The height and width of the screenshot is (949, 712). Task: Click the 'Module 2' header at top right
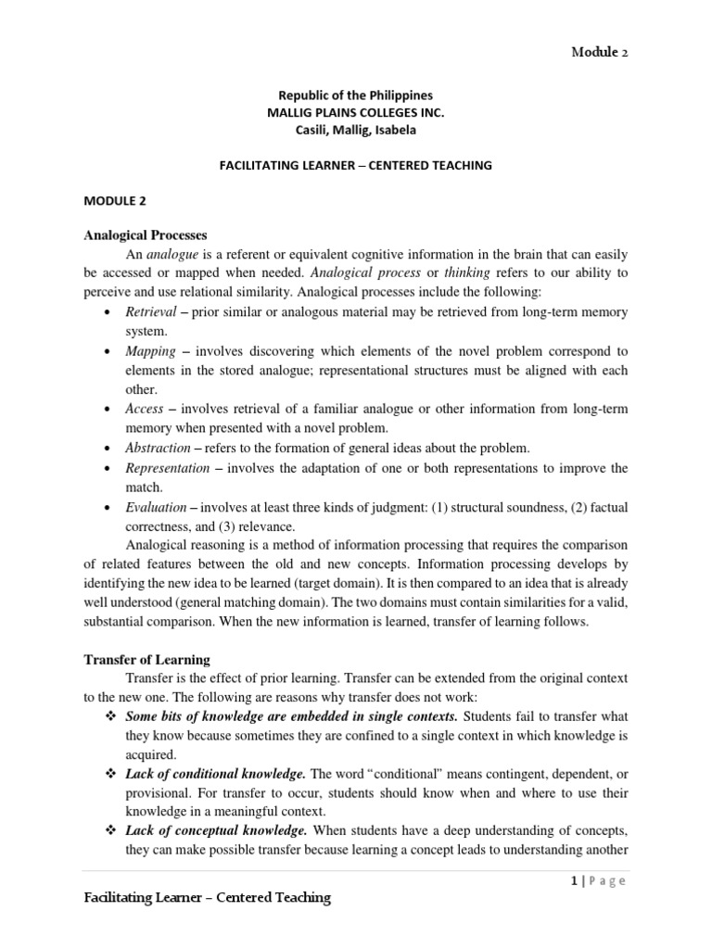(598, 53)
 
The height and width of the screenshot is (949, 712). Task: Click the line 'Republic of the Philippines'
(356, 95)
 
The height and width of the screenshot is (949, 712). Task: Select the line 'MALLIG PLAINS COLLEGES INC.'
(356, 112)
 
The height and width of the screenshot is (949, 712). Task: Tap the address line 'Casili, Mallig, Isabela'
(356, 130)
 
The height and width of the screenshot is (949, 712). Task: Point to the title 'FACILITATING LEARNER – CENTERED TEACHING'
(356, 165)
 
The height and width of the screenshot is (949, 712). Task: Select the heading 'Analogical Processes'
(146, 234)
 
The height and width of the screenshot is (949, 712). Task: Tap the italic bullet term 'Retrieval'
(149, 312)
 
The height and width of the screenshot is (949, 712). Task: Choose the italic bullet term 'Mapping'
(150, 351)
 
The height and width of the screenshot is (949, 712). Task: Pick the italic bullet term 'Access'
(145, 409)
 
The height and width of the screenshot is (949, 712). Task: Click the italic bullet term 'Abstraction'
(157, 448)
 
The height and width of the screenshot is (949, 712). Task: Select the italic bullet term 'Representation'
(167, 468)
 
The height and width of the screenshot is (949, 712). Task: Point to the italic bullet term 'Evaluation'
(155, 507)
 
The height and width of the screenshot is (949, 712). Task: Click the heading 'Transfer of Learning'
(146, 660)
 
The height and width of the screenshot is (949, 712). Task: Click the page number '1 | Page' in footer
(598, 881)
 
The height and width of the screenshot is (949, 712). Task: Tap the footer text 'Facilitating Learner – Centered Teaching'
(207, 899)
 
